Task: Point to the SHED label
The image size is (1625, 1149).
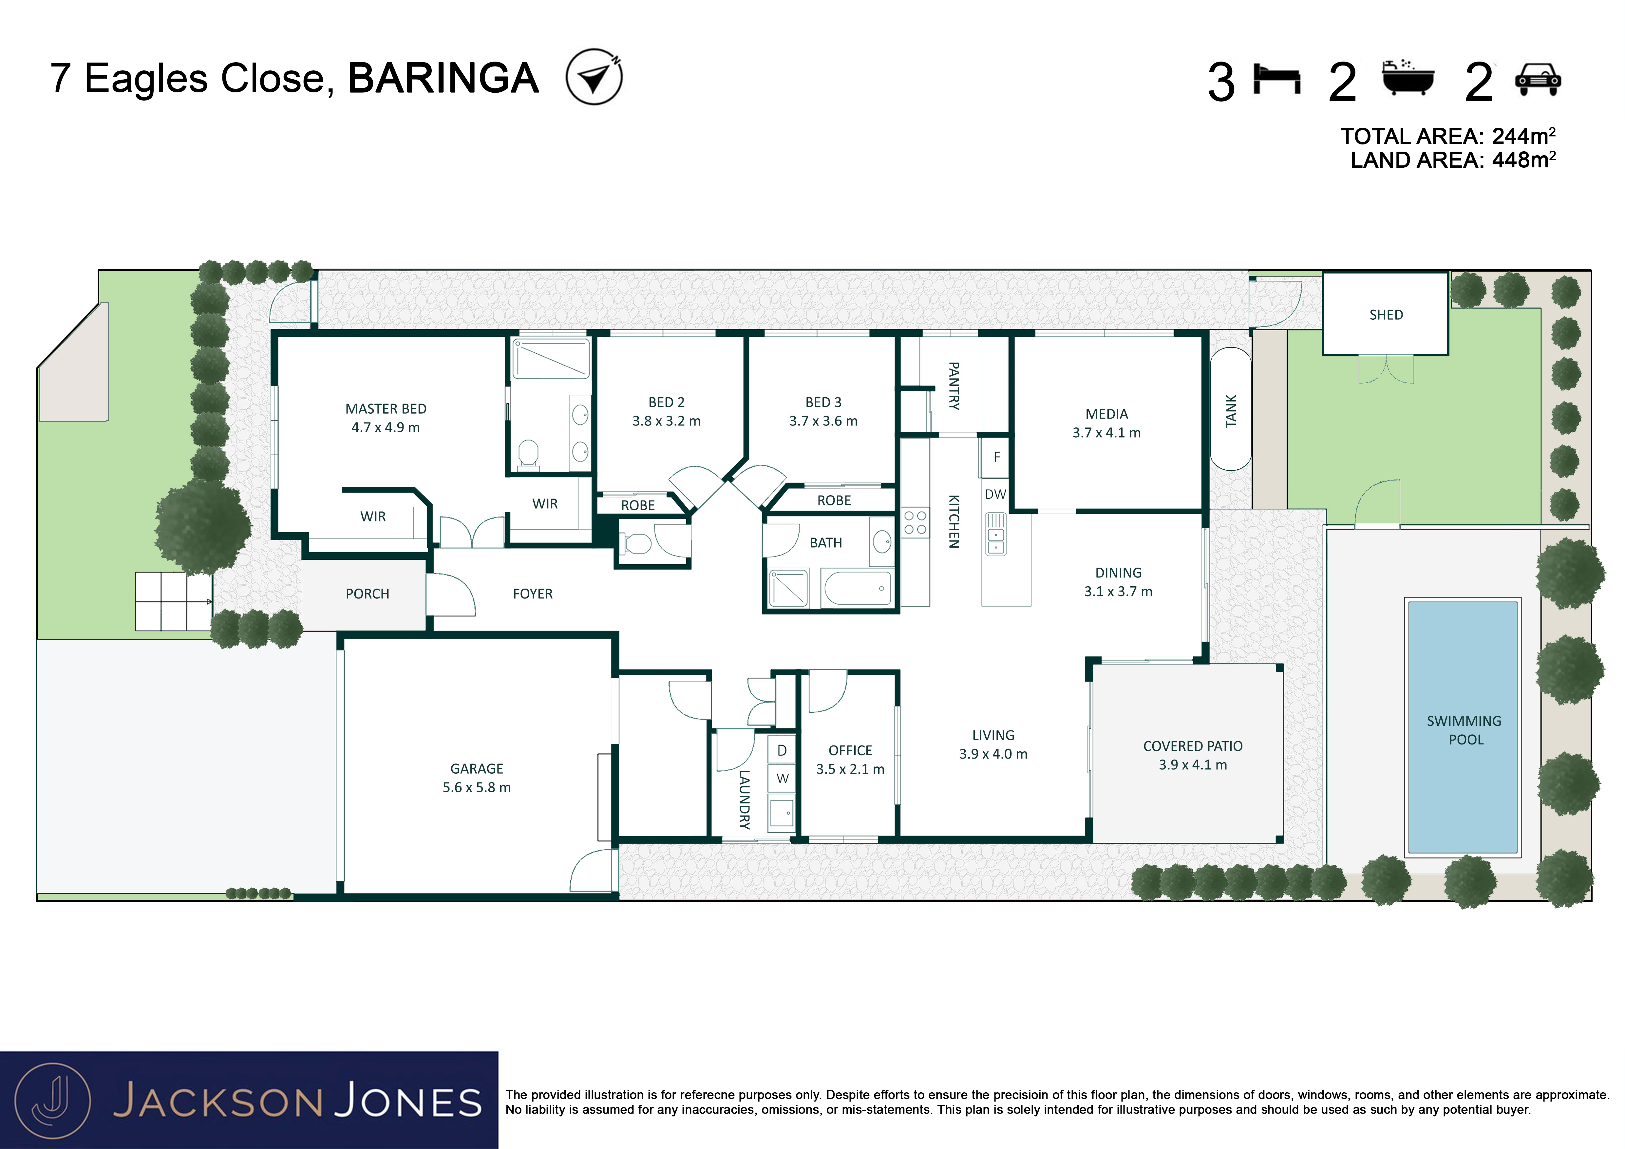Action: click(x=1386, y=315)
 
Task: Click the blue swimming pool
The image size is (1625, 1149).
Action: click(x=1463, y=727)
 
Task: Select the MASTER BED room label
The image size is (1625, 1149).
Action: click(x=386, y=409)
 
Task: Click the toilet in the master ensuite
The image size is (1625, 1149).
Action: click(x=528, y=455)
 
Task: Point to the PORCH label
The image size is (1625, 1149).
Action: click(x=367, y=593)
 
